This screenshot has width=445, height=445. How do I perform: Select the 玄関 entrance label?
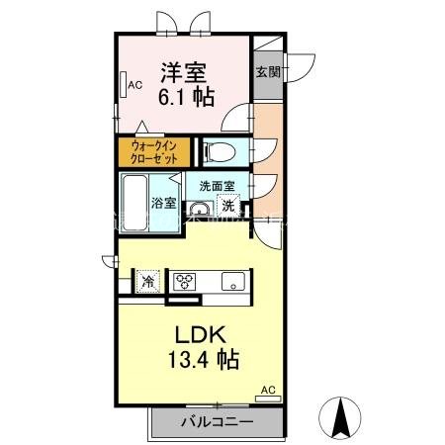pos(267,71)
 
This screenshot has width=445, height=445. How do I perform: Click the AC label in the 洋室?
pos(134,85)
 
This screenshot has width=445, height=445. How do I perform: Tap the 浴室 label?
pos(163,203)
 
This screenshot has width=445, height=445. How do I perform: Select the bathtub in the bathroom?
pos(134,202)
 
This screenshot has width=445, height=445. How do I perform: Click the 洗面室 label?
pos(217,185)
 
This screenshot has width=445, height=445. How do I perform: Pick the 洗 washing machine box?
pos(228,207)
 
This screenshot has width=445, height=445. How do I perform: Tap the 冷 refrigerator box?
pos(147,281)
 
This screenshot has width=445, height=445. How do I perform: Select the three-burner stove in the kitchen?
pos(186,281)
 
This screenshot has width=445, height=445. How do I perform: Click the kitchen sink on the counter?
pos(232,280)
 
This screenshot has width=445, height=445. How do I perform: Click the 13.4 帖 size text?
pos(197,358)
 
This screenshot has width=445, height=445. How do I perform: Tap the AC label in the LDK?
pos(266,392)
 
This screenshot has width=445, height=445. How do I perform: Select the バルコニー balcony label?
pos(217,422)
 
